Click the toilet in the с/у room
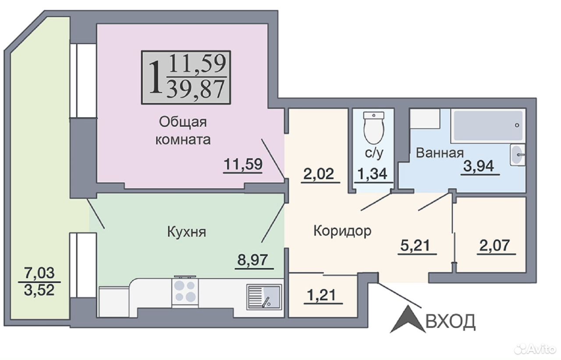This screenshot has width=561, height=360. coord(374,128)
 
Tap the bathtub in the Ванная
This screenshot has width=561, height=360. coord(488,126)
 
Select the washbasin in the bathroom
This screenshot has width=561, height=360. coord(518,155)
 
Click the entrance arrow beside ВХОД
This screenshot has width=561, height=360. coord(408,319)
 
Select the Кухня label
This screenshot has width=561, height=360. coord(187,232)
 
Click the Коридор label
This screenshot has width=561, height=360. coord(342,231)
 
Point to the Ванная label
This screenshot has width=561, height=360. coord(440,153)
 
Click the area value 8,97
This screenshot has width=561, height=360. coord(252,260)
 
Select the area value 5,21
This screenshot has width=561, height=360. coord(415,245)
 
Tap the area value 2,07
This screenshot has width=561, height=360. coord(494,245)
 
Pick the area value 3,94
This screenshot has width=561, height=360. coord(479,166)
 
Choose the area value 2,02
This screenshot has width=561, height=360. coord(319,174)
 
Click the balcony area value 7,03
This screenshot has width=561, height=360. coord(39,273)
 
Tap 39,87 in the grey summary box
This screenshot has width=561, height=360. coord(195,89)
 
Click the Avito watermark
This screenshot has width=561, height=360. coord(535,349)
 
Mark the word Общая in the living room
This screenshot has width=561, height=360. coord(183,123)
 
